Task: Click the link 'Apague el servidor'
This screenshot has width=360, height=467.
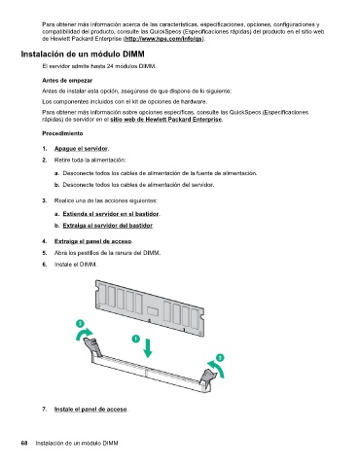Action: coord(81,149)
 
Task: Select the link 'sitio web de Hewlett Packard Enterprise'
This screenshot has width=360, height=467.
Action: coord(166,120)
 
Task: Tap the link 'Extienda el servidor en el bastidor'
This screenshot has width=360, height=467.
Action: coord(111,214)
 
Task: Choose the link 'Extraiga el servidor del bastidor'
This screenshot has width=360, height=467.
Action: coord(108,226)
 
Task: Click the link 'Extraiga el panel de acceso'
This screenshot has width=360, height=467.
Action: coord(93,241)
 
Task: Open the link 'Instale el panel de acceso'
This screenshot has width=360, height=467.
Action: coord(90,410)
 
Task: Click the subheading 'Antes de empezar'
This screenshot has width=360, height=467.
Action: coord(67,81)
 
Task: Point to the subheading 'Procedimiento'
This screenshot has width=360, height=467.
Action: coord(62,133)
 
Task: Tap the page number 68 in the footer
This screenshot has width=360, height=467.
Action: coord(24,443)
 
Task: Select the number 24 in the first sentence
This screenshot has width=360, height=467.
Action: coord(110,66)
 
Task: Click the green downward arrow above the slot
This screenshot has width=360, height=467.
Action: coord(148,348)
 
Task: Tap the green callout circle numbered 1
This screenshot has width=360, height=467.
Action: coord(136,339)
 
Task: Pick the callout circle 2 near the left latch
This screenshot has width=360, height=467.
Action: coord(80,323)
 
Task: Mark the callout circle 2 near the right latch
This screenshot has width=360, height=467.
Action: coord(220,358)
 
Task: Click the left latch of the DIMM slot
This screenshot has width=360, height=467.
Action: coord(92,346)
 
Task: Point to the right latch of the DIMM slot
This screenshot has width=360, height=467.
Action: coord(208,378)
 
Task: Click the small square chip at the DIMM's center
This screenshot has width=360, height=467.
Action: coord(152,310)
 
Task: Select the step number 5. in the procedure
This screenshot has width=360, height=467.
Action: coord(45,253)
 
